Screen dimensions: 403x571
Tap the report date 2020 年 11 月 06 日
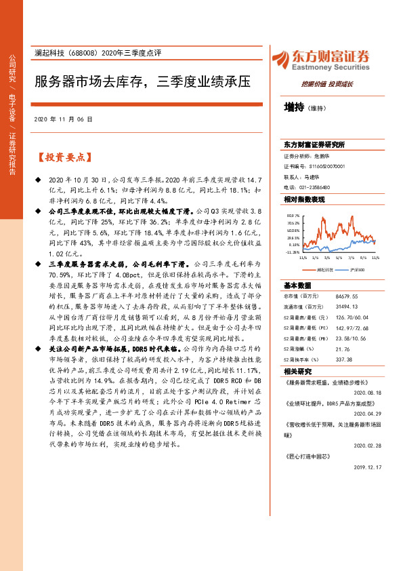[62, 119]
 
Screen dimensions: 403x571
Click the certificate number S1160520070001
[327, 165]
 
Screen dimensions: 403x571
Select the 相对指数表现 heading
[305, 199]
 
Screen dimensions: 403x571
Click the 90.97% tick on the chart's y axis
[293, 216]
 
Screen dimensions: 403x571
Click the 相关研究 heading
[297, 372]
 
